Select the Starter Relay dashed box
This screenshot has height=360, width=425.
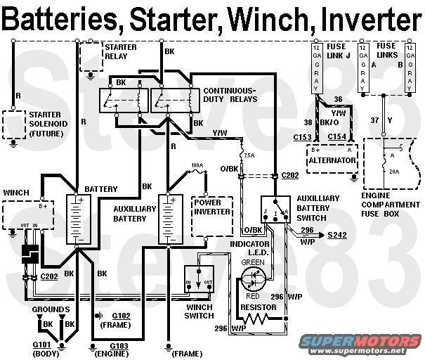point(90,56)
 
